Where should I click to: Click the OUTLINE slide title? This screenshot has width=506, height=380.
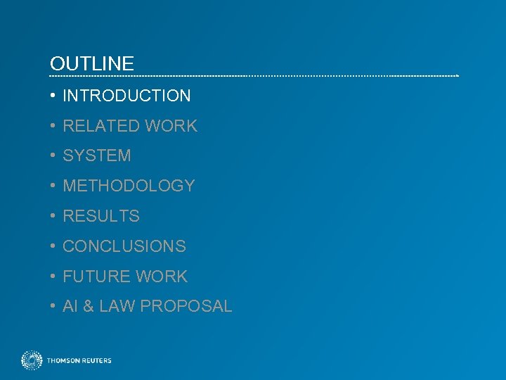click(x=92, y=64)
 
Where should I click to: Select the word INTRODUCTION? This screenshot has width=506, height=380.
click(x=126, y=96)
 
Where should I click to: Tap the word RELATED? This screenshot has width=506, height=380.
click(x=101, y=126)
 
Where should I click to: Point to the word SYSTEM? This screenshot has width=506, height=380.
click(x=97, y=156)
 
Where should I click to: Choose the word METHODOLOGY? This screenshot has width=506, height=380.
click(x=129, y=186)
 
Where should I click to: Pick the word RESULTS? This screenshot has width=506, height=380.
click(x=101, y=217)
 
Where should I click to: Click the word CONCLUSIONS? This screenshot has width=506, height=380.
click(x=124, y=247)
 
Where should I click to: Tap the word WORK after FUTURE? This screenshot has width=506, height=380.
click(x=163, y=277)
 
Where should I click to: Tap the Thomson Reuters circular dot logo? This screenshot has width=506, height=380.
click(x=32, y=360)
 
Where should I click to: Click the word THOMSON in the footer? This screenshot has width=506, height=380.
click(x=64, y=361)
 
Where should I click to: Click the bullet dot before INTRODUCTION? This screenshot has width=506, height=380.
click(x=53, y=96)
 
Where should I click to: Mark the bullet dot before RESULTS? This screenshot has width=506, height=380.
click(x=53, y=217)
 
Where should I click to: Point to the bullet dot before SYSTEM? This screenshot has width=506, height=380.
click(x=53, y=156)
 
